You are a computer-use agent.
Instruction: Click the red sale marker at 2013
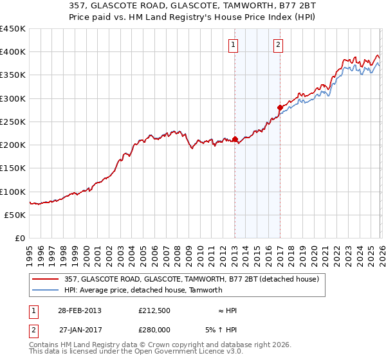tap(235, 139)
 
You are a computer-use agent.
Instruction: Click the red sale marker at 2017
tap(280, 107)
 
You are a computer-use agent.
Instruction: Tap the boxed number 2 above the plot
tap(277, 44)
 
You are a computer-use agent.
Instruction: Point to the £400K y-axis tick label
tap(12, 52)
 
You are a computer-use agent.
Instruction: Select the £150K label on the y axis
tap(12, 168)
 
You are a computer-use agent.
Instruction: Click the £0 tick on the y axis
tap(20, 239)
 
